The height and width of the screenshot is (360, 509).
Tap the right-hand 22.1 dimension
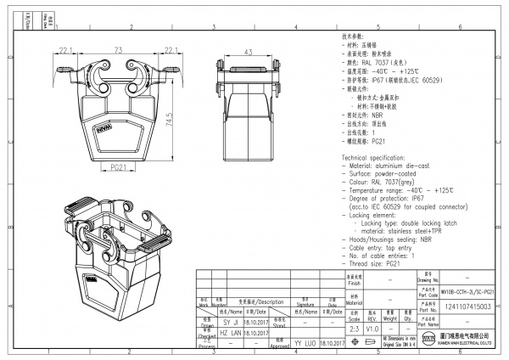[x=171, y=51]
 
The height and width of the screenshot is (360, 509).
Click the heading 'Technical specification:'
[x=378, y=159]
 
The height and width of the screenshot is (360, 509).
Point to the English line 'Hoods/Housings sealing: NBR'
[x=392, y=242]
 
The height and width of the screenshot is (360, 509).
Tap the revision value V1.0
[x=372, y=327]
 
